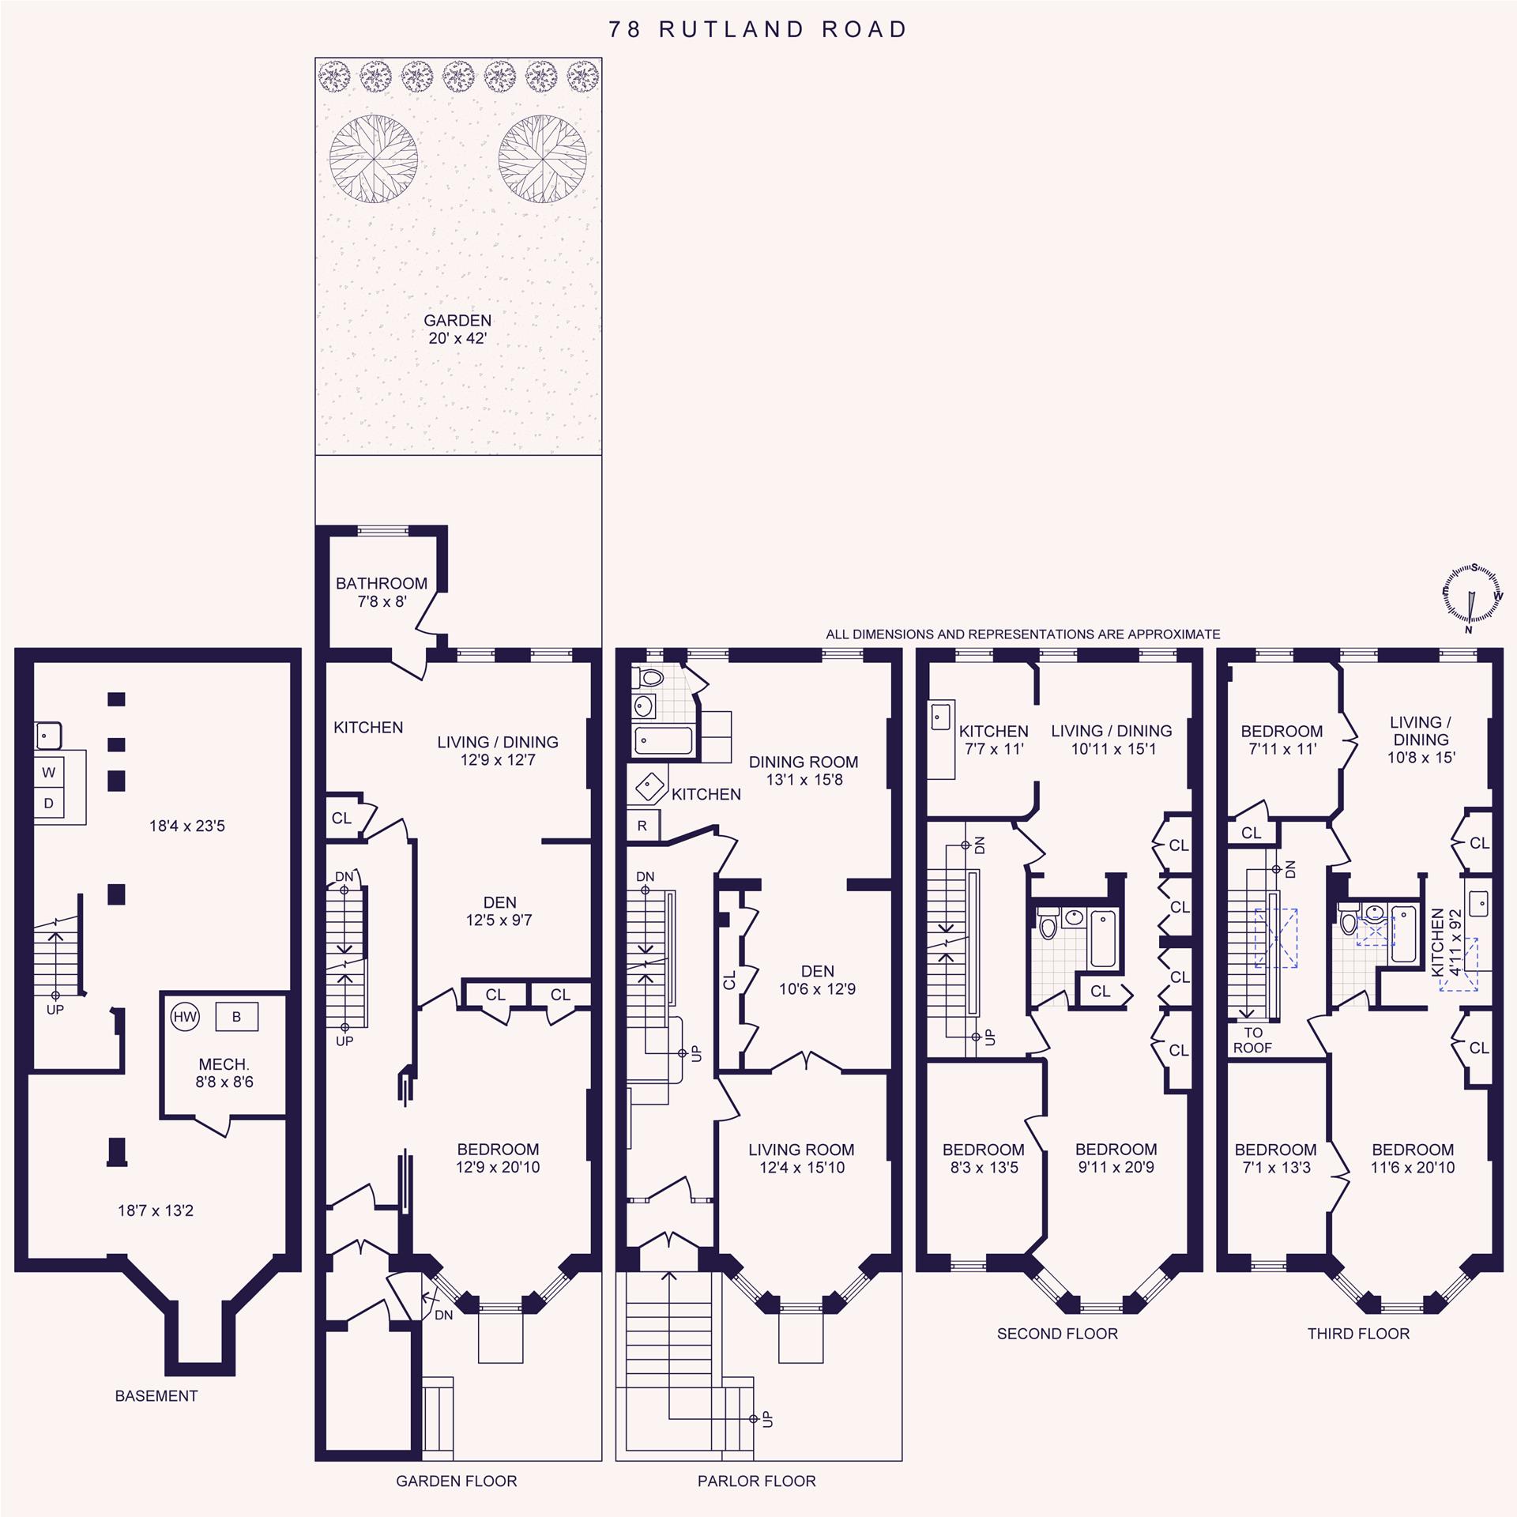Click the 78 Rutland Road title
click(x=758, y=30)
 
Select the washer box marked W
click(x=49, y=773)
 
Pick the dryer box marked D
click(x=49, y=804)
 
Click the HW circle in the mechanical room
click(x=185, y=1017)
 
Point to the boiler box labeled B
click(x=236, y=1017)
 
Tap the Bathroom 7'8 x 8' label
click(x=382, y=592)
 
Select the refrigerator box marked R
click(x=642, y=826)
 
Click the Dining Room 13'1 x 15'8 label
click(x=804, y=770)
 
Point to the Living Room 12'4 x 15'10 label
click(x=801, y=1158)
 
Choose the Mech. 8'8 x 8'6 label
click(x=224, y=1073)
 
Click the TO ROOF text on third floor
click(x=1252, y=1040)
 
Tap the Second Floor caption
click(x=1057, y=1334)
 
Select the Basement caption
click(x=156, y=1396)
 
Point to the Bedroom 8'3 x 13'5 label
click(x=984, y=1158)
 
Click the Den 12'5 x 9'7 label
click(x=499, y=911)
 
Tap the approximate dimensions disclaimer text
click(x=1023, y=634)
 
